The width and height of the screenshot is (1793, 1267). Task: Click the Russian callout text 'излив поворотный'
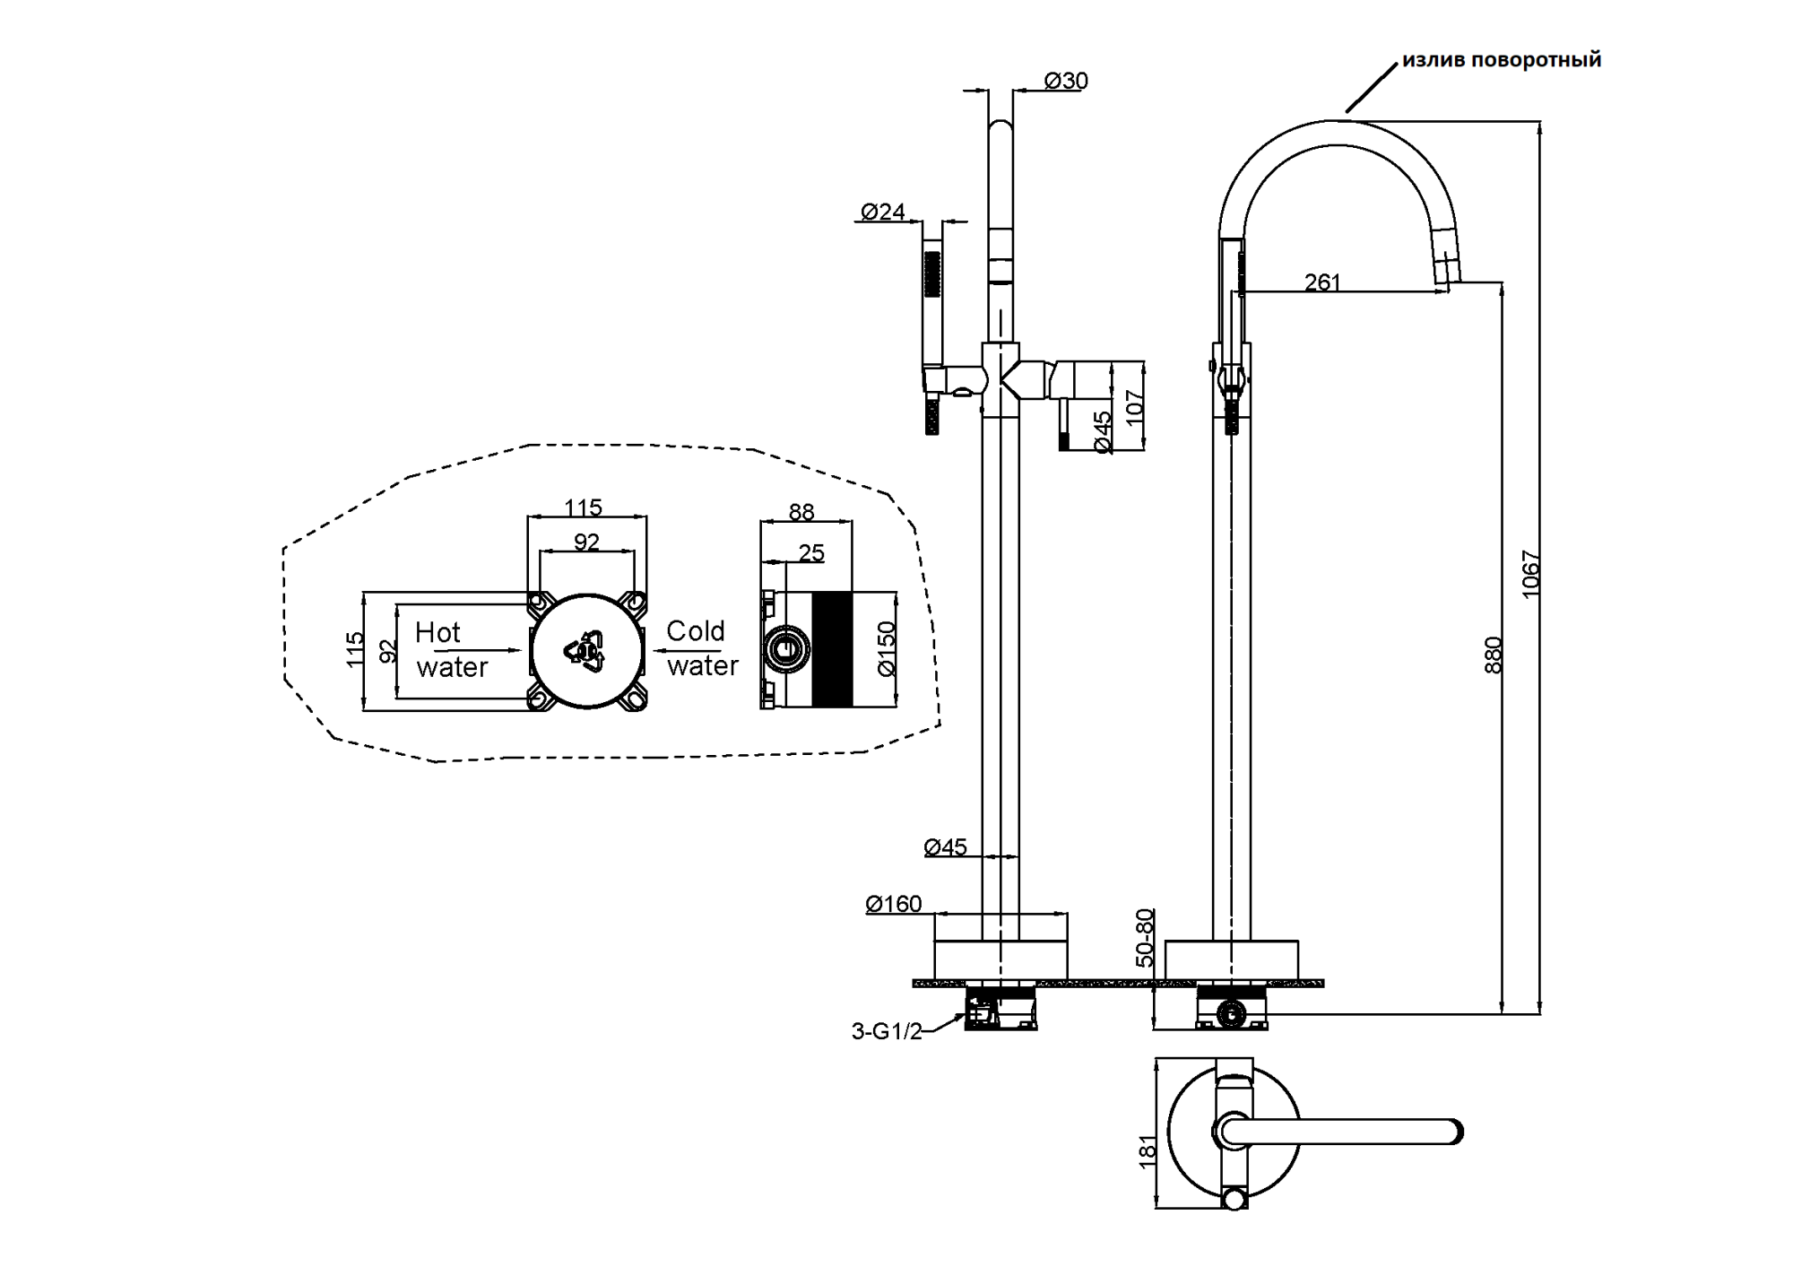click(1501, 60)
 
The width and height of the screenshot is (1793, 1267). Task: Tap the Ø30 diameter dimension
click(1066, 81)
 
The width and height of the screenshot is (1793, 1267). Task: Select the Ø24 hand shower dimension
click(883, 212)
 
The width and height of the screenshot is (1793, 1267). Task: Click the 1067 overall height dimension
click(1530, 574)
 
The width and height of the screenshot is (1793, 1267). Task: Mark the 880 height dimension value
click(1493, 655)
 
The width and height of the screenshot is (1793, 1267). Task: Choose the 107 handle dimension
click(1135, 408)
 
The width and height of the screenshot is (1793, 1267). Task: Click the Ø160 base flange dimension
click(894, 904)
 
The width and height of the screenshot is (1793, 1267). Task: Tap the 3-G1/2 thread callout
click(887, 1031)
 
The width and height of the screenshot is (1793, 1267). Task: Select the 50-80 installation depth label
click(1145, 938)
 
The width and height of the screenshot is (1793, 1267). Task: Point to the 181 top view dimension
click(1148, 1152)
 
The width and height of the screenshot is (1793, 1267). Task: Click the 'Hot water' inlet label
click(451, 649)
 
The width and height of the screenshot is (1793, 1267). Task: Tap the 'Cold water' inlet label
click(701, 647)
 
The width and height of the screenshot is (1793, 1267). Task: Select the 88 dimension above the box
click(801, 512)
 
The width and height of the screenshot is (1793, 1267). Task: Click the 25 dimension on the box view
click(811, 553)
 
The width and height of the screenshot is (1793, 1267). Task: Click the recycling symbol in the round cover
click(585, 649)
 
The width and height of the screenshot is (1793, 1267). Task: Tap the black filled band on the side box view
click(831, 649)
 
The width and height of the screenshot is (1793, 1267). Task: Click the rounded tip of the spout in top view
click(1455, 1132)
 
